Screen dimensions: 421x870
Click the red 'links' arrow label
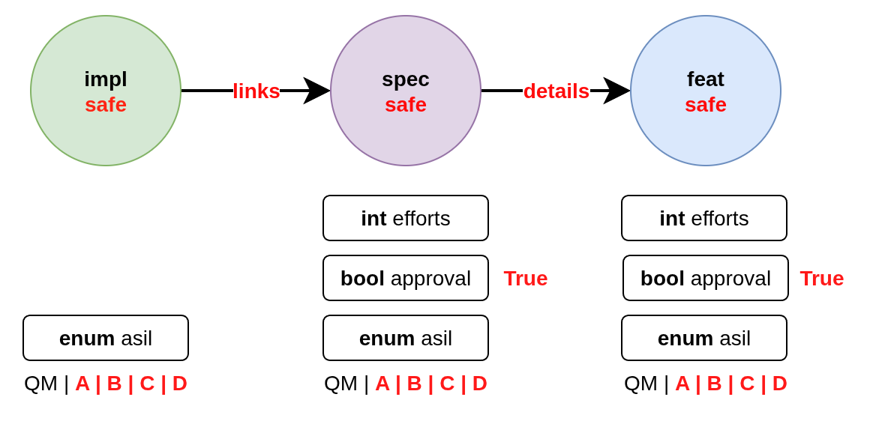[256, 91]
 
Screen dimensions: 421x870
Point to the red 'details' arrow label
[556, 91]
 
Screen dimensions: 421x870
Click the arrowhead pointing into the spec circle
[318, 91]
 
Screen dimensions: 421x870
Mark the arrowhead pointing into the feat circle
[618, 91]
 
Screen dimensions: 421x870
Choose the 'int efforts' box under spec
[406, 218]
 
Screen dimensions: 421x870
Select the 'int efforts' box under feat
[704, 218]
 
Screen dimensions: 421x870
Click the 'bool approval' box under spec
[406, 278]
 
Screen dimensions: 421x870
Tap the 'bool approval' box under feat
[706, 278]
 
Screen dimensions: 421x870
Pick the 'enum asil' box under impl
[106, 338]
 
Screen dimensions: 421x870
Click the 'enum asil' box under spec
[406, 338]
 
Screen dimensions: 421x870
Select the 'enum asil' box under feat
[704, 338]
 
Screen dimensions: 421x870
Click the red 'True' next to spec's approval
[526, 279]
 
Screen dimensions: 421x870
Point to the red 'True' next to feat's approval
[822, 279]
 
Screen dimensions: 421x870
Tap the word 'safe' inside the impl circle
[106, 105]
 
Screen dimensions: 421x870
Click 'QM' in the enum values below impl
[40, 384]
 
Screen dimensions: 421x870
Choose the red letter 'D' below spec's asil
[480, 384]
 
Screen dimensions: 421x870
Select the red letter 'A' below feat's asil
[682, 384]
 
